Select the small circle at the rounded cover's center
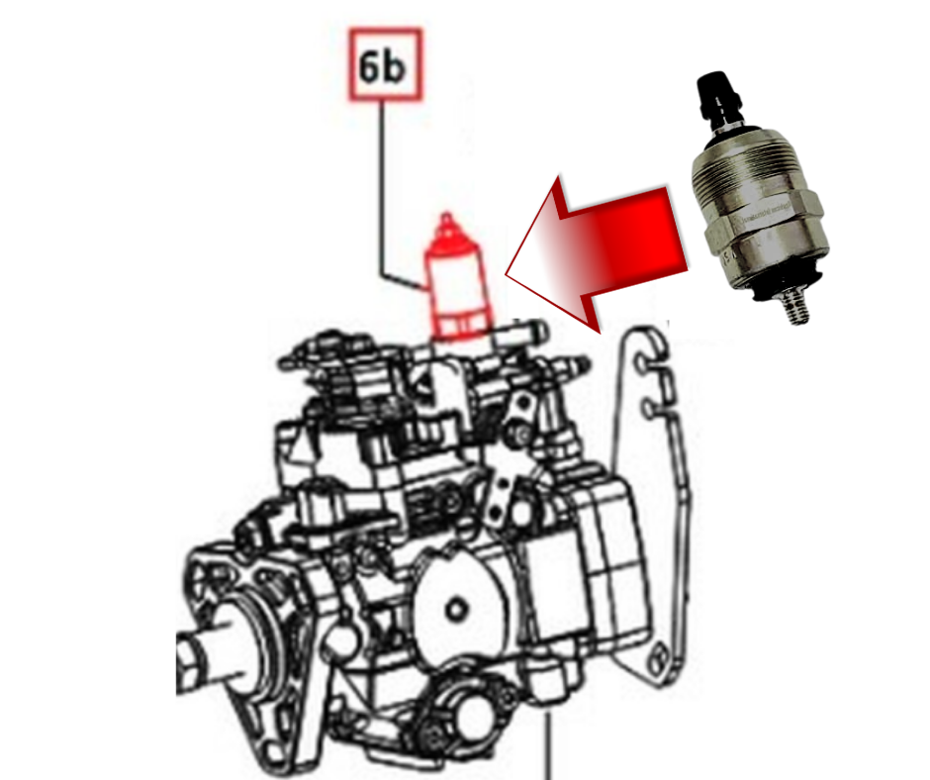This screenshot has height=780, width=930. pyautogui.click(x=456, y=605)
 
